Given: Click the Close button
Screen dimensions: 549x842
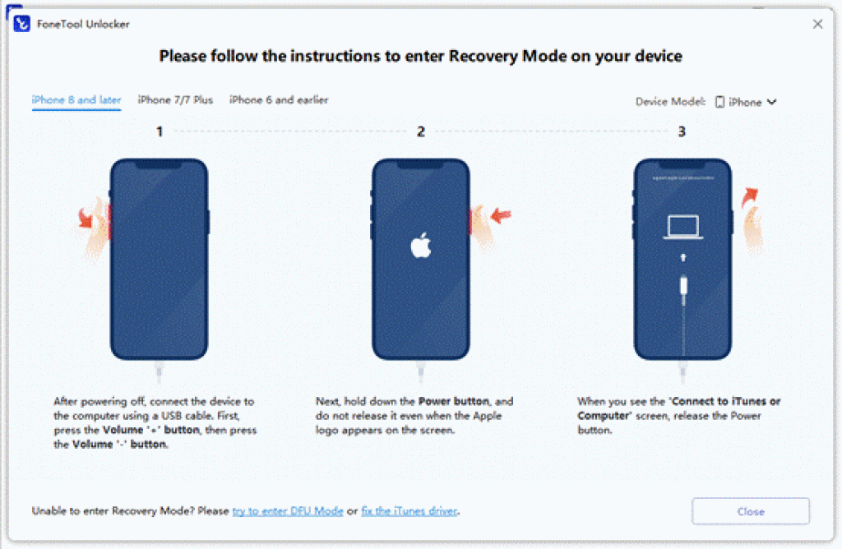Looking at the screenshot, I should tap(750, 511).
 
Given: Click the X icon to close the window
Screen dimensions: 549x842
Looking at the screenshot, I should tap(817, 24).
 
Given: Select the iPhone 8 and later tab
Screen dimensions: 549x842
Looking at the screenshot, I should tap(76, 100).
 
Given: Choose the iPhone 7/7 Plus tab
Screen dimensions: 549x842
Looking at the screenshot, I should tap(175, 100).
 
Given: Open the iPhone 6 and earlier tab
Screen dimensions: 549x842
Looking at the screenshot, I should tap(279, 100).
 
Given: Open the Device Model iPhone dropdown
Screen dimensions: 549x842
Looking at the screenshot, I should tap(746, 102).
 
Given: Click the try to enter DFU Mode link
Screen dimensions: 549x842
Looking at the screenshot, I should tap(288, 511).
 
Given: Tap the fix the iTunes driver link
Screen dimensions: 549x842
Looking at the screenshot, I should tap(409, 511).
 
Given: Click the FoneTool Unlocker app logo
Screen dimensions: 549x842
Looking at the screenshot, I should tap(22, 24).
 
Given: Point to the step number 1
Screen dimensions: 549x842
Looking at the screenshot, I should tap(160, 131).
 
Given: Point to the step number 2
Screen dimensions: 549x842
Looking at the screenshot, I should tap(421, 131).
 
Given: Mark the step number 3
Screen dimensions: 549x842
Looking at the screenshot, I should tap(682, 131).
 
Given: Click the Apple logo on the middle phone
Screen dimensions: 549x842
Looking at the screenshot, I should tap(421, 245).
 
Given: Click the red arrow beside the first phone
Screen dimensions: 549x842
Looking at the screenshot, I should tap(85, 219).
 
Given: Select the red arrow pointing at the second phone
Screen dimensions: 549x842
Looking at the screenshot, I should tap(501, 216).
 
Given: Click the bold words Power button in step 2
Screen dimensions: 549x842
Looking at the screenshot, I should tap(452, 402).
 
